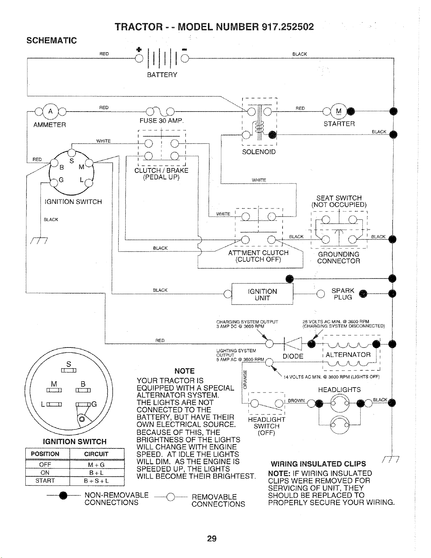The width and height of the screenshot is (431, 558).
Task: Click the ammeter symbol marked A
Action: coord(51,112)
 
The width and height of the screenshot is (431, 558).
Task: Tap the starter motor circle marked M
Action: coord(338,111)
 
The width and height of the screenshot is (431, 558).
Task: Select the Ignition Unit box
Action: coord(262,294)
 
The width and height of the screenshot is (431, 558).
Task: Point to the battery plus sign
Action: coord(139,49)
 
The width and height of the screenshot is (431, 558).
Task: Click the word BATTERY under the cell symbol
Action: coord(162,75)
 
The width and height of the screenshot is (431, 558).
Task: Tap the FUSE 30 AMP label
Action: coord(161,121)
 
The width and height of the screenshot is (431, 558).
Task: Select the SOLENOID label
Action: coord(259,152)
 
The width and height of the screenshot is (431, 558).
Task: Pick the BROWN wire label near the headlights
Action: coord(296,401)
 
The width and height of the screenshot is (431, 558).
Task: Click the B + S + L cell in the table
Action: coord(96,481)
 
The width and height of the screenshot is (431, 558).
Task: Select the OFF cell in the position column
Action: coord(45,464)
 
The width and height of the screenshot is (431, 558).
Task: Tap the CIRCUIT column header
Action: coord(96,454)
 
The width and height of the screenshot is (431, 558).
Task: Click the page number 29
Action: coord(212,539)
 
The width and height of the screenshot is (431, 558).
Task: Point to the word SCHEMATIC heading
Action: coord(52,40)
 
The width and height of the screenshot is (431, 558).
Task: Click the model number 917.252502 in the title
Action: coord(287,27)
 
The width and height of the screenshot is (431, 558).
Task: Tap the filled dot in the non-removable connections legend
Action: coord(63,496)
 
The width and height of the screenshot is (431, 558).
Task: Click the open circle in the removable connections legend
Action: coord(170,497)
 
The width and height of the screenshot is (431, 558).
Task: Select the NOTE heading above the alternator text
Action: coord(184,371)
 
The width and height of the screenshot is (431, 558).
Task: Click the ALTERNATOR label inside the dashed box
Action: coord(348,355)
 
